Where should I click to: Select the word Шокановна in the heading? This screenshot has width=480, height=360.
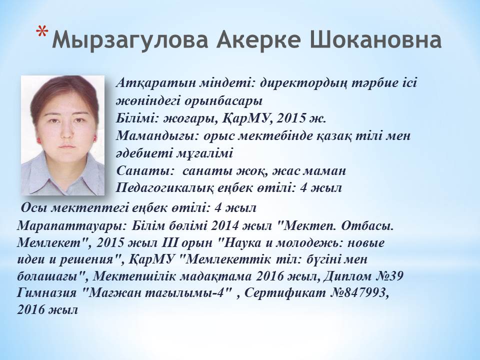pos(375,39)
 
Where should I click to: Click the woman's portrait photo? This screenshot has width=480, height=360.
pos(63,135)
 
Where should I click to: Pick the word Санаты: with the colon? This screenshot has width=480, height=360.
pos(143,170)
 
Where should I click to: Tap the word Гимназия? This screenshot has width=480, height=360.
pos(46,293)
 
